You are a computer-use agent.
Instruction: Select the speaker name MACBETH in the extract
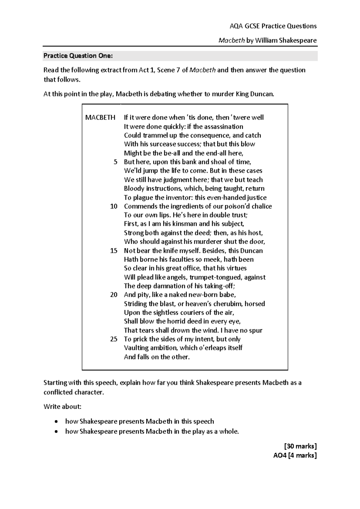(100, 117)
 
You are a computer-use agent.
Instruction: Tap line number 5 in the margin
(115, 162)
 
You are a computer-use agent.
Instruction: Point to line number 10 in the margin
(114, 206)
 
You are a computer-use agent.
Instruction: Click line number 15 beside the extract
(114, 251)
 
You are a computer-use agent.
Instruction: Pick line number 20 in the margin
(114, 295)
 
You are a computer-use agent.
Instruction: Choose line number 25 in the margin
(114, 339)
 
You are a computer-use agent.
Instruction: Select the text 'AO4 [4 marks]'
(295, 455)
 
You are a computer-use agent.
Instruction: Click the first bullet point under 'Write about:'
(56, 422)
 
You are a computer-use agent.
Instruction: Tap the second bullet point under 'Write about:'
(56, 432)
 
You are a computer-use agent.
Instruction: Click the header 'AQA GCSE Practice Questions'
(273, 26)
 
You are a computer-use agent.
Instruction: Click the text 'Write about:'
(62, 407)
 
